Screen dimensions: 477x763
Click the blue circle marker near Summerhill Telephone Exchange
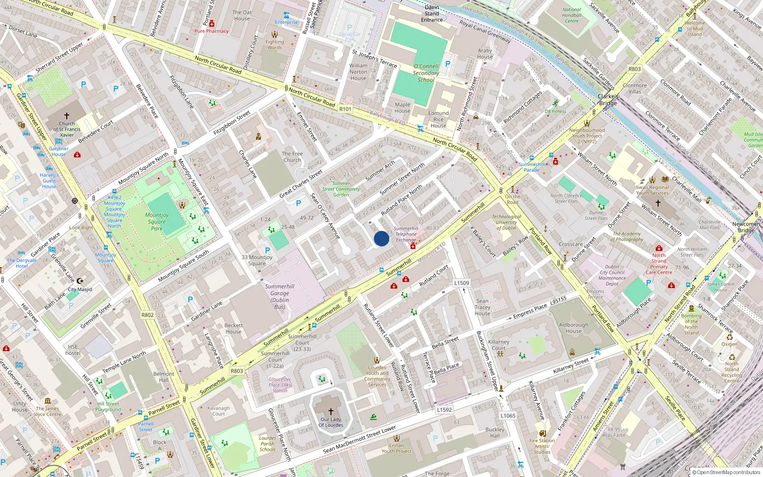(x=381, y=238)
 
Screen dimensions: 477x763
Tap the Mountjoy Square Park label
(x=157, y=222)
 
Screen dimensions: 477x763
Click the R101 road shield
(x=345, y=109)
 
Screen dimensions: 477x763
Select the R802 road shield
(x=148, y=315)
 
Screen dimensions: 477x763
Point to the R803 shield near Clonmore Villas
(x=635, y=69)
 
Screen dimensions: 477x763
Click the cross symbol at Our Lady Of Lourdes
(x=330, y=411)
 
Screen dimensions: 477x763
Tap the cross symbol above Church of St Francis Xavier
(x=67, y=116)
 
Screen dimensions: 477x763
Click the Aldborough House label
(x=574, y=328)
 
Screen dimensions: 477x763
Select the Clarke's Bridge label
(x=608, y=100)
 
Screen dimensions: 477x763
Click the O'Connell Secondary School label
(x=426, y=73)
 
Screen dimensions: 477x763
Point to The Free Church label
(x=292, y=157)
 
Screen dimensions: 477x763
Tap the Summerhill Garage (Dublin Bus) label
(x=279, y=296)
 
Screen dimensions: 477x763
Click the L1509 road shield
(x=461, y=283)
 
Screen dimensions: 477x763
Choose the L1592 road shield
(x=444, y=410)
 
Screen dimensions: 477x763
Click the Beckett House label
(x=234, y=329)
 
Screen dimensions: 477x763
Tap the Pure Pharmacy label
(x=211, y=31)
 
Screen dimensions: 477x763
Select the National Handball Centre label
(x=572, y=15)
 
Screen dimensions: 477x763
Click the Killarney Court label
(x=499, y=345)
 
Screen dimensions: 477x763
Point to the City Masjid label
(x=80, y=290)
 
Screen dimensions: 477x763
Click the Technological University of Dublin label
(x=506, y=222)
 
